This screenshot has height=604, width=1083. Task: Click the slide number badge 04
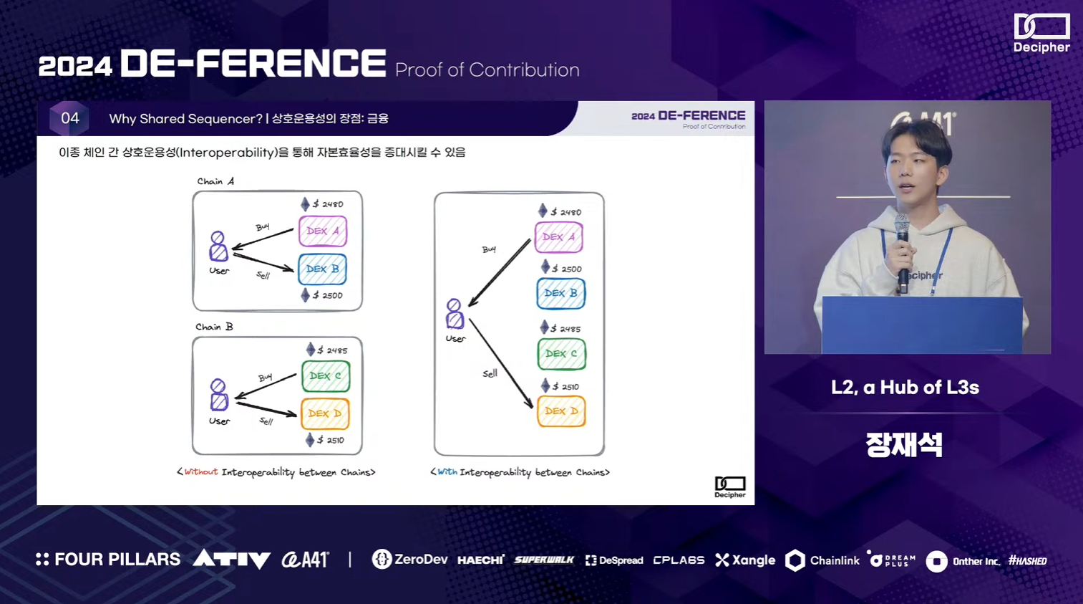(69, 118)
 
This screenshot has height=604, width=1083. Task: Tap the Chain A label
(215, 181)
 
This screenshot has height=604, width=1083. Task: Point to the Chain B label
(214, 327)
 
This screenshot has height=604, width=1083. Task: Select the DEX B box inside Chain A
(322, 269)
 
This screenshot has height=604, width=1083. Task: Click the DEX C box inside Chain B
(326, 376)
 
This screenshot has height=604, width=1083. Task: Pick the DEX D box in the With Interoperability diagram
(561, 411)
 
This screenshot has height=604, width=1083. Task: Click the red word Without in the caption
(200, 472)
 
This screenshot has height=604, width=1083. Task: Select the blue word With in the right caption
(447, 472)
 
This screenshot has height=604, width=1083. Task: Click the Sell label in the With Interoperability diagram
(490, 373)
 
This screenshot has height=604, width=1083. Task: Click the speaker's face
(912, 172)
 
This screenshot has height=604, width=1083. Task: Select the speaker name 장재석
(904, 445)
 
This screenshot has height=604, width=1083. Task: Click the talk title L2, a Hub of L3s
(905, 388)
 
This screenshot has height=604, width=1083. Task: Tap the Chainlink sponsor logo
(822, 560)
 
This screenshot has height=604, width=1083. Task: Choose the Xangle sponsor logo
(745, 560)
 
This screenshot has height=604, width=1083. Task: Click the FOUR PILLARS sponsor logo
(108, 560)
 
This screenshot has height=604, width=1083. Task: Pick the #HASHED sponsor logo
(1028, 561)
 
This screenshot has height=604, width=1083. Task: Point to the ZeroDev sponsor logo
(410, 560)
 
